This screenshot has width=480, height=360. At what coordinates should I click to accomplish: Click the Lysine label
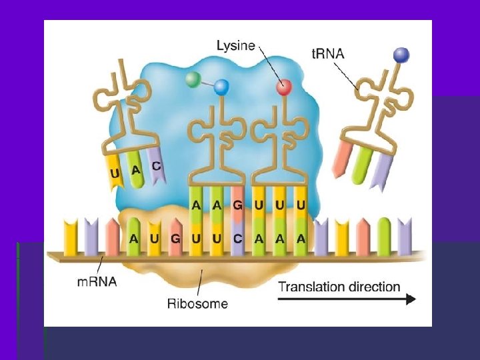tap(236, 45)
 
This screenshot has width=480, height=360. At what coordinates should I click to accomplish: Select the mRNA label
tap(96, 281)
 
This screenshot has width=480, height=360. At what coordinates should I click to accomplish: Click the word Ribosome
tap(197, 304)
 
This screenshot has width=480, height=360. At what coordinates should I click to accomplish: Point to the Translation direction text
tap(339, 287)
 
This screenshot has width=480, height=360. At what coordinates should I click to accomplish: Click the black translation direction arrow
tap(346, 300)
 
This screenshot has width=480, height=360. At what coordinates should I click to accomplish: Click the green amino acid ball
tap(193, 80)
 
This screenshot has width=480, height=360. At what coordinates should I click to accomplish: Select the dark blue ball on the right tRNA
tap(401, 55)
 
